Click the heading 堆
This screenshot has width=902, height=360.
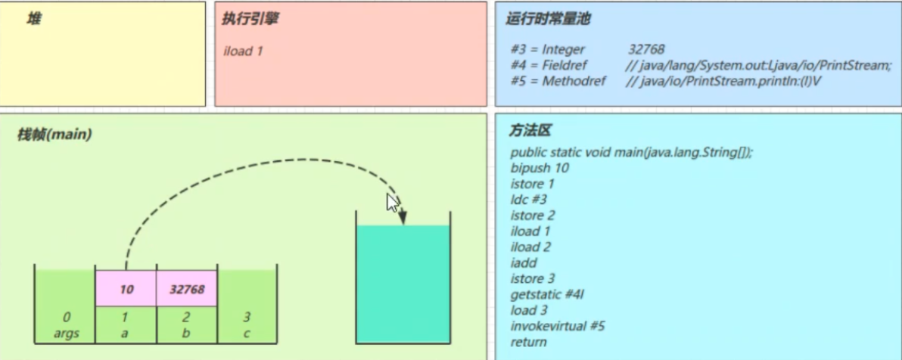(34, 19)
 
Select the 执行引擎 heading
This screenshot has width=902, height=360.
(250, 19)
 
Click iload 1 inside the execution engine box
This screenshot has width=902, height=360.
(243, 51)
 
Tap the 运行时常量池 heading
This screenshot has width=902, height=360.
(548, 20)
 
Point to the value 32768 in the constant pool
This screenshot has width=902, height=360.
(646, 49)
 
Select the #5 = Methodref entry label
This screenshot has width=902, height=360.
(558, 81)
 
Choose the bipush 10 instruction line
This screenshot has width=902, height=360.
(540, 168)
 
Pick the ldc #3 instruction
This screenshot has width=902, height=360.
(529, 200)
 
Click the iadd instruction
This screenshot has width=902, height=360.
(524, 263)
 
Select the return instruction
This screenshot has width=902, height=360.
(528, 343)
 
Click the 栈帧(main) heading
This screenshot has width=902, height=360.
(54, 135)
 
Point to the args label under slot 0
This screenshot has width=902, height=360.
(66, 333)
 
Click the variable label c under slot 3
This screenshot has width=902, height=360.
(247, 333)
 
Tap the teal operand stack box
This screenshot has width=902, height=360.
(403, 284)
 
